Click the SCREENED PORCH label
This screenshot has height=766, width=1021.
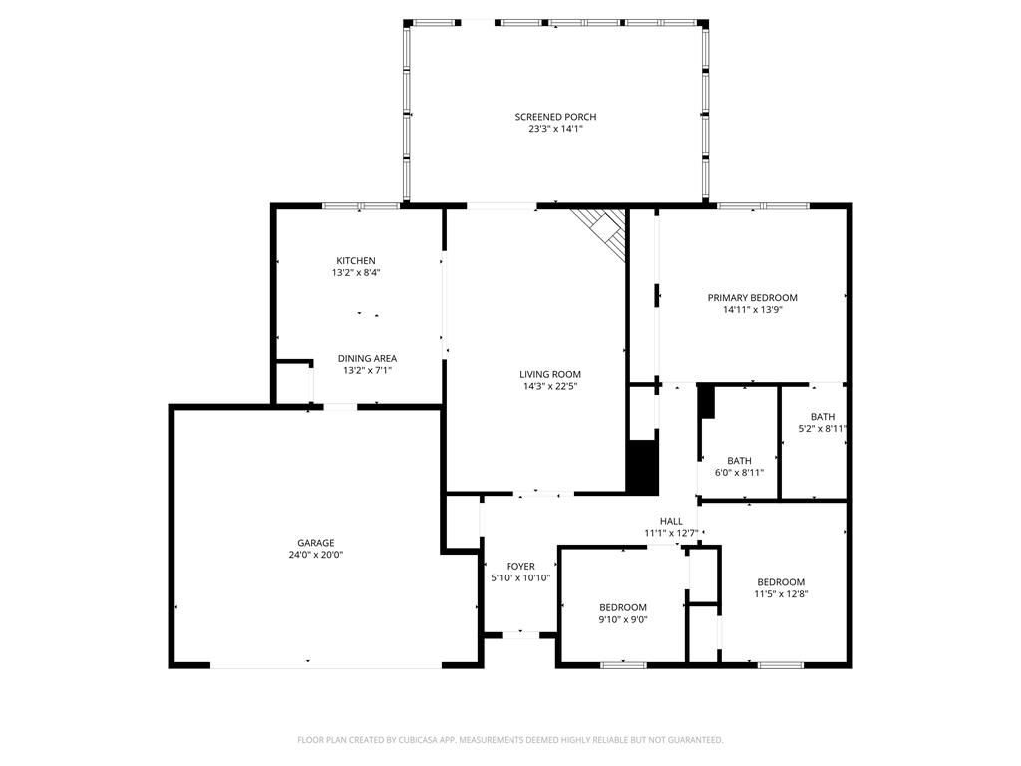pos(555,117)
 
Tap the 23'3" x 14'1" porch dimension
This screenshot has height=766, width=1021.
pos(555,129)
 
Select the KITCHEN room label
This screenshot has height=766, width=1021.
pos(356,261)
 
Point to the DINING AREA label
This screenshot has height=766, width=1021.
pos(367,358)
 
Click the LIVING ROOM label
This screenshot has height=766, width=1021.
pos(550,374)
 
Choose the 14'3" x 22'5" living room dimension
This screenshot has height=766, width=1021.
pos(550,386)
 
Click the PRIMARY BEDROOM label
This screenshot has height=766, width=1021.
pos(752,297)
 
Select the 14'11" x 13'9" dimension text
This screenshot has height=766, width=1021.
pos(752,310)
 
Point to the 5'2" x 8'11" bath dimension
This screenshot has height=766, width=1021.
pos(823,429)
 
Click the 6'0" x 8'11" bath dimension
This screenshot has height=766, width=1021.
pos(739,473)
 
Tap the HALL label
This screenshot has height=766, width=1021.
pos(671,521)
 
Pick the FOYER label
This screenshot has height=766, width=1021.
pos(520,567)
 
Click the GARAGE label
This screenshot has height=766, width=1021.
pos(316,542)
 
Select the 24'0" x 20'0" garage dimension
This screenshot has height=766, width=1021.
pos(316,555)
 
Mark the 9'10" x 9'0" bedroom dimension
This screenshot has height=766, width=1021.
pos(623,619)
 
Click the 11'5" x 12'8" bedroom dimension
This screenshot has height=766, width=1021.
pos(781,594)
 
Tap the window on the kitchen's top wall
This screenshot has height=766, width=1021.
pos(361,206)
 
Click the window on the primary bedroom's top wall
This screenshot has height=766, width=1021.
pos(763,206)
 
